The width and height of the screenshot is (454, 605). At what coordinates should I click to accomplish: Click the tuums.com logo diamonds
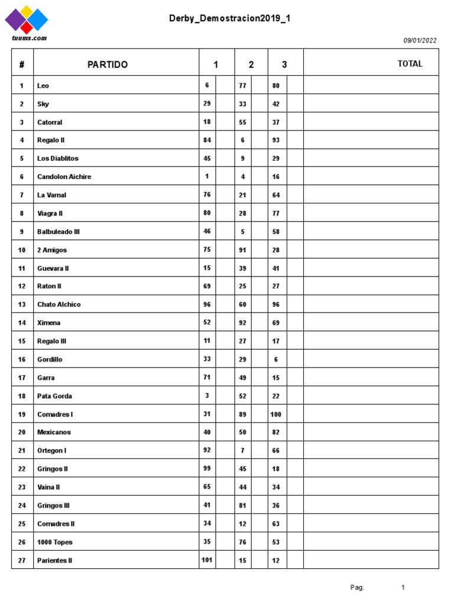[27, 19]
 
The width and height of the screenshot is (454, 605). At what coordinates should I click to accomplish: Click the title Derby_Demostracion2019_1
[230, 19]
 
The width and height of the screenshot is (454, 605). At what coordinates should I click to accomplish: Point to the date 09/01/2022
[420, 40]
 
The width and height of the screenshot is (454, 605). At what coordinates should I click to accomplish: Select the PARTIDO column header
[108, 64]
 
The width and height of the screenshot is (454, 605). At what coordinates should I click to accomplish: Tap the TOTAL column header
[410, 64]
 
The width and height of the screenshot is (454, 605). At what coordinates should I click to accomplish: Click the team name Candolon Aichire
[64, 177]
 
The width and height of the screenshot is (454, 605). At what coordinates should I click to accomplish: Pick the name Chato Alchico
[59, 304]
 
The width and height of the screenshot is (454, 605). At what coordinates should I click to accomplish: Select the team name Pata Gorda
[54, 396]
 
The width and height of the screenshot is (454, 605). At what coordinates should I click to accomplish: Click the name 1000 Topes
[55, 542]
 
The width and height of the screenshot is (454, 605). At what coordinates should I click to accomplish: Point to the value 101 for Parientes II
[207, 560]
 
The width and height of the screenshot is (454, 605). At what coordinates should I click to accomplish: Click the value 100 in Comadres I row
[276, 414]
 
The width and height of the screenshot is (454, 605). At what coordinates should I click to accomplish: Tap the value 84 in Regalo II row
[207, 140]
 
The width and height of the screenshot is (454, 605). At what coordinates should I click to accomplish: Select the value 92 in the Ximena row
[242, 323]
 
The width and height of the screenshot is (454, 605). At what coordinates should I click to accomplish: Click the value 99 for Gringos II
[207, 469]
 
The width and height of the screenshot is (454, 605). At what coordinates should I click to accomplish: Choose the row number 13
[22, 304]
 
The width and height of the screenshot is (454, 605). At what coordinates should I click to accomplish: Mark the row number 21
[22, 451]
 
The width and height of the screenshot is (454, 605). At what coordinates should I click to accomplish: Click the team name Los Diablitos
[57, 158]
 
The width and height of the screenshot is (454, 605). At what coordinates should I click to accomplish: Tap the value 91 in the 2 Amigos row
[242, 250]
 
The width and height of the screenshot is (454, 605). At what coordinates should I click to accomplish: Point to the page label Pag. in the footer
[357, 587]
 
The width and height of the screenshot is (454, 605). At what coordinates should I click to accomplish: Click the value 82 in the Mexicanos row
[276, 432]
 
